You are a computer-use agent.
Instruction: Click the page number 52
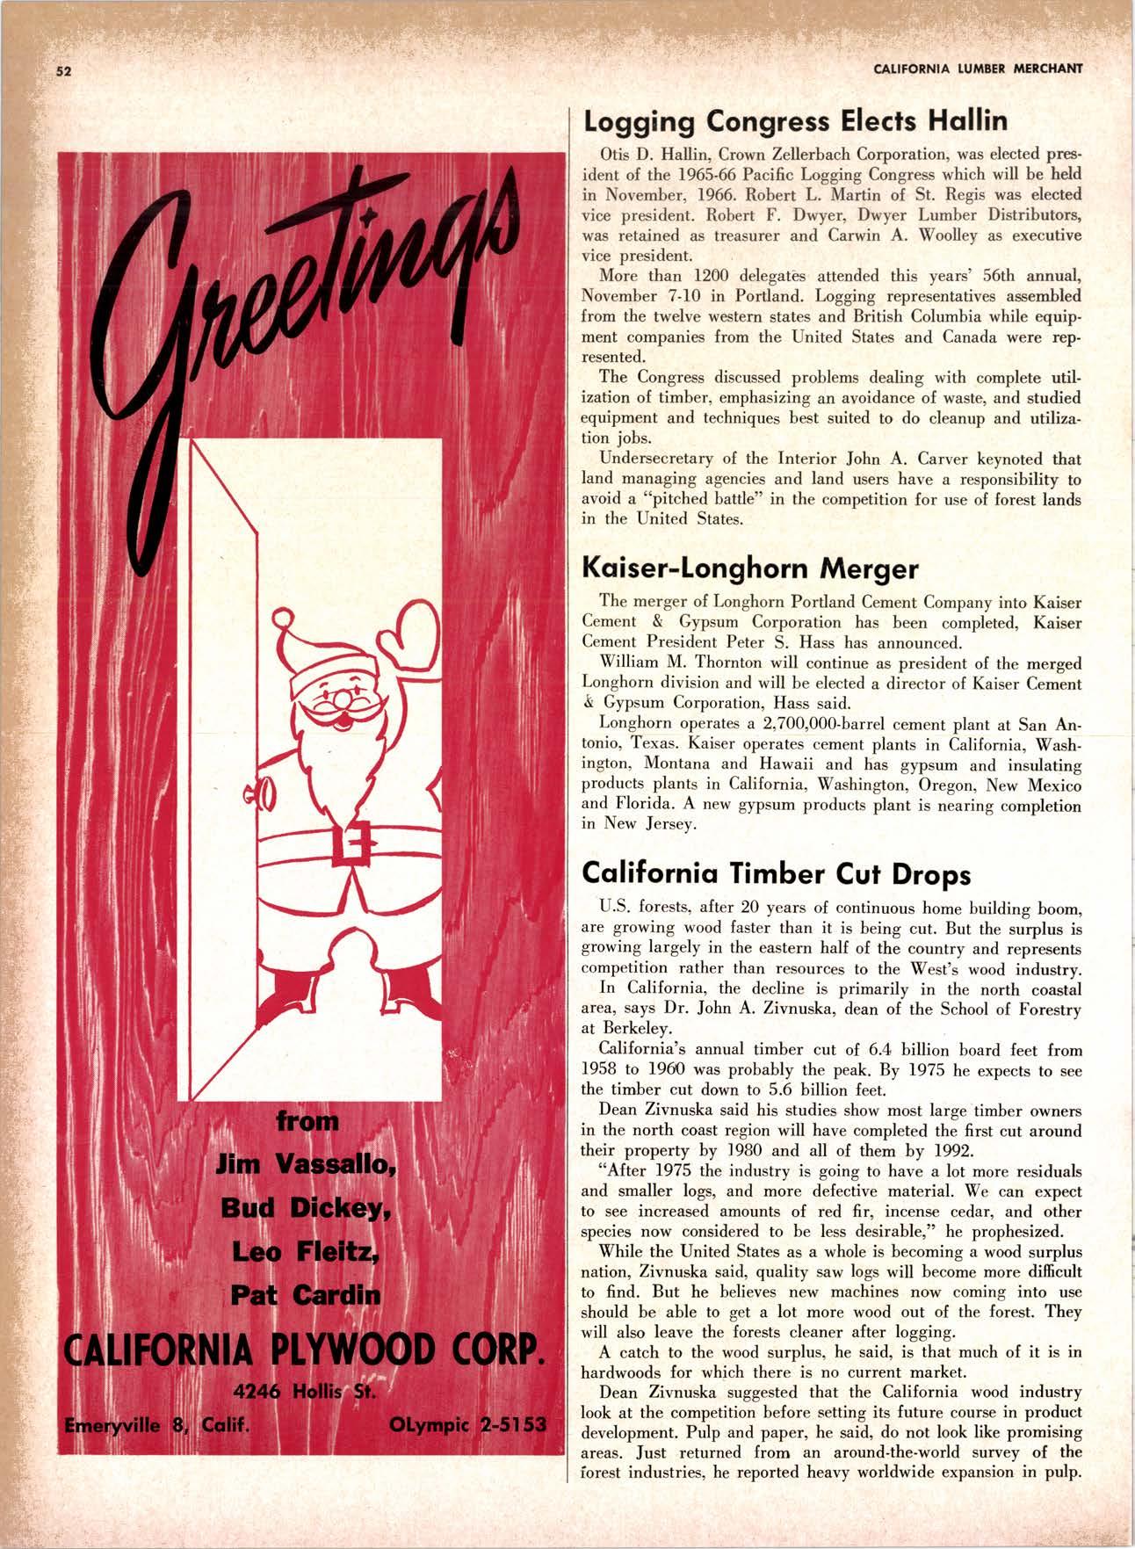[63, 72]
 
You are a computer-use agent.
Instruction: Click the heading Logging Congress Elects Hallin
[796, 119]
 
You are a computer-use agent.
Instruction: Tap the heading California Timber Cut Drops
[777, 874]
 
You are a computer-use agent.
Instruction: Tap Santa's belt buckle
[351, 845]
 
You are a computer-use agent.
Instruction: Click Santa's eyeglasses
[336, 704]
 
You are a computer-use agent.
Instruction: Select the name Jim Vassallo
[307, 1166]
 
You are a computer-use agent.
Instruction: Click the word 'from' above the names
[307, 1122]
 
